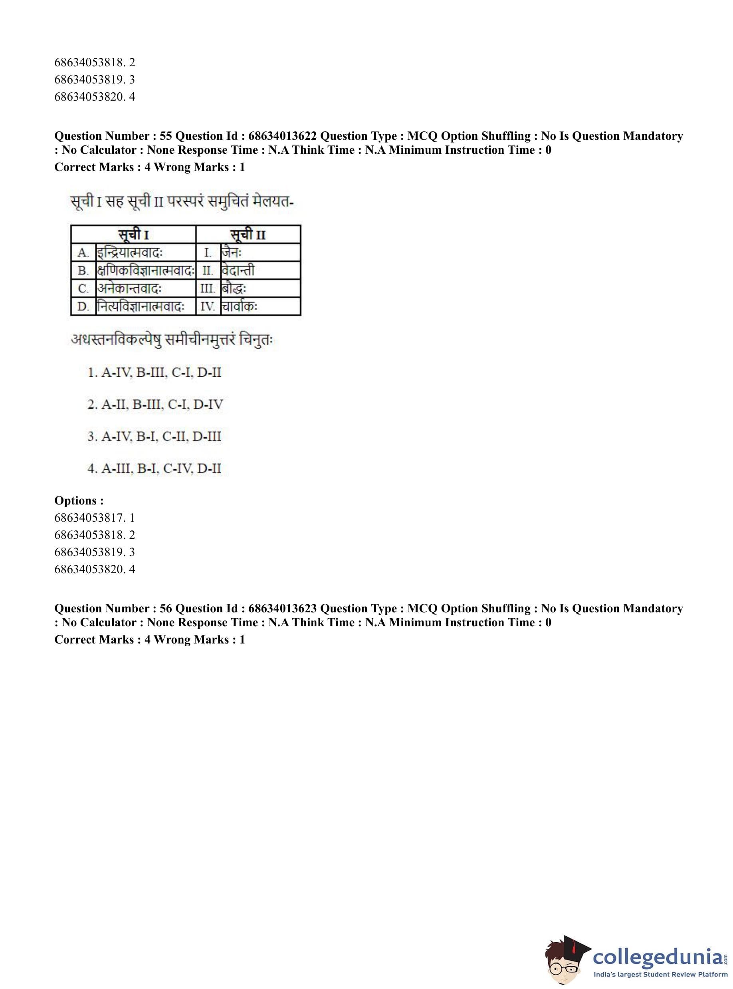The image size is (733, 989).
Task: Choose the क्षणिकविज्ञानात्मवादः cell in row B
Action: pyautogui.click(x=146, y=270)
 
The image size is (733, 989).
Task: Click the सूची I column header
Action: pyautogui.click(x=133, y=234)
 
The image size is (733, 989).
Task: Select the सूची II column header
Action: pyautogui.click(x=248, y=234)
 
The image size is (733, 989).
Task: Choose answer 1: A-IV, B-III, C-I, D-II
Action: pyautogui.click(x=155, y=372)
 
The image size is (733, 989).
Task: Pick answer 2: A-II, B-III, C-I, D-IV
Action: pyautogui.click(x=155, y=404)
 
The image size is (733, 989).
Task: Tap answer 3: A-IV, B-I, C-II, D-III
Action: pyautogui.click(x=155, y=436)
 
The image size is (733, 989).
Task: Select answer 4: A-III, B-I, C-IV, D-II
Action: pyautogui.click(x=155, y=468)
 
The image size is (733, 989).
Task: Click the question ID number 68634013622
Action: pyautogui.click(x=282, y=136)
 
